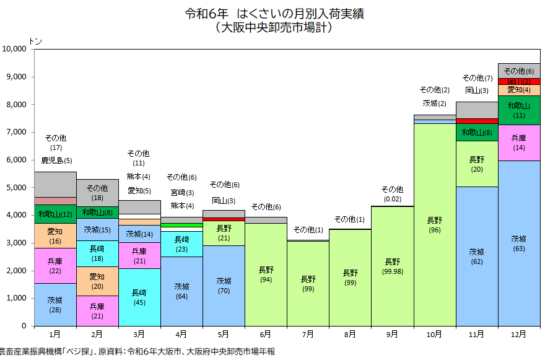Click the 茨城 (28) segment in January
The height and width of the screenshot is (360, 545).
coord(54,305)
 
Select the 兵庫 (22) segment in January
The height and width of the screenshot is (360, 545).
coord(54,266)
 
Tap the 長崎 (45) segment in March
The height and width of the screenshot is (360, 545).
coord(139,297)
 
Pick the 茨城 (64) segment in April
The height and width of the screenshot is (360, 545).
coord(181,291)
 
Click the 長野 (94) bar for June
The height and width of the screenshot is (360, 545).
coord(266,274)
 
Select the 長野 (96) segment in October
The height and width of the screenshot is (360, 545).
coord(434,224)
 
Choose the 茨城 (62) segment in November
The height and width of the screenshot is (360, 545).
coord(476,257)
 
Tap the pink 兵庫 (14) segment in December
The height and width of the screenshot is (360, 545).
coord(519,143)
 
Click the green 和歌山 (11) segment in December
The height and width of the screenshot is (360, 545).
coord(519,110)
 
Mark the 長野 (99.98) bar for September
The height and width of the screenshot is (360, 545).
coord(392,266)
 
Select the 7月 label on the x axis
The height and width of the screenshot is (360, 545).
coord(308,334)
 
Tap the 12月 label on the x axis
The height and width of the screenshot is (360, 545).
coord(518,334)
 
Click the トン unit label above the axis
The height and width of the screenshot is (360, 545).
coord(35,41)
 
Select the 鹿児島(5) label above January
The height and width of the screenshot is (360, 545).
coord(56,160)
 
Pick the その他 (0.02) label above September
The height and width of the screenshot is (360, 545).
coord(392,194)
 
